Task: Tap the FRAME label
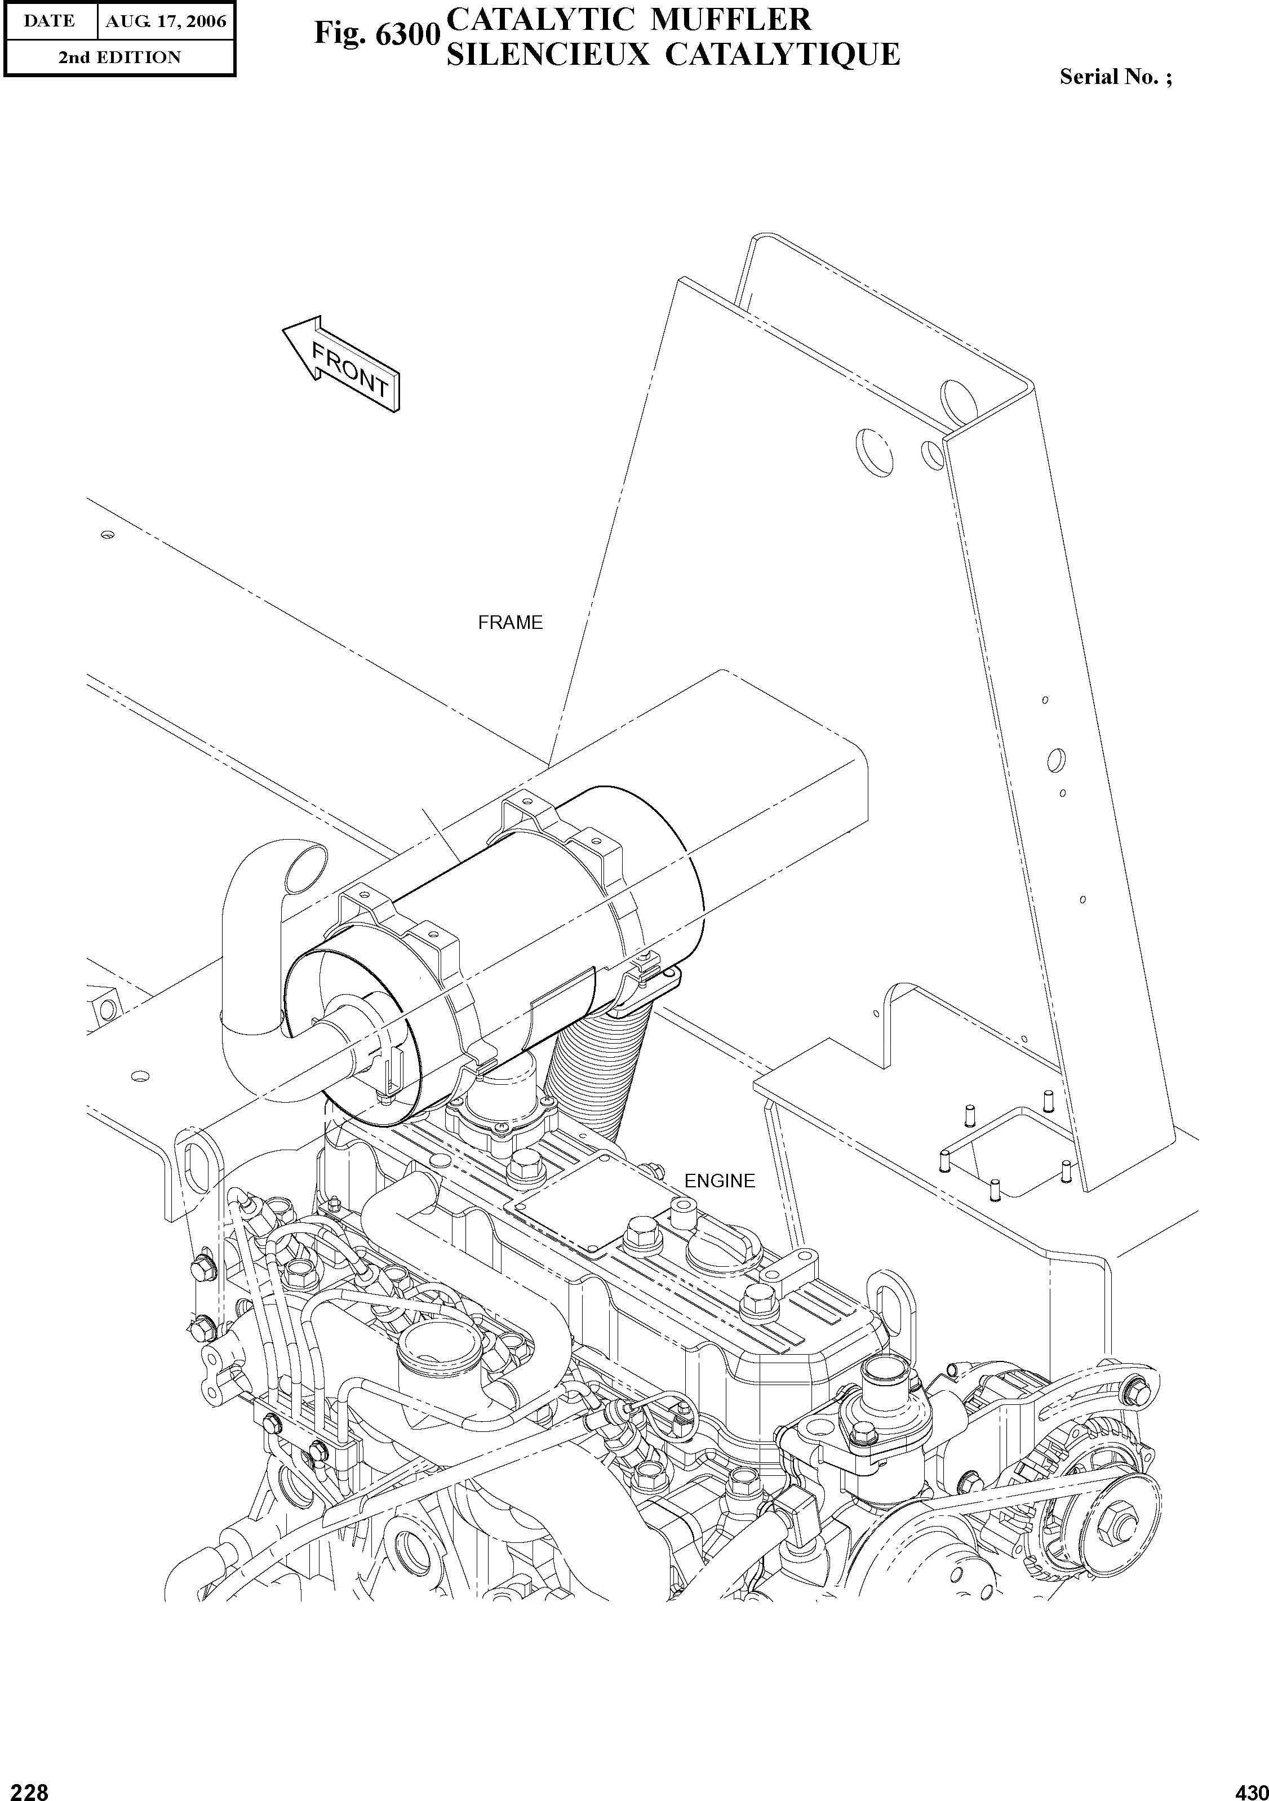(x=510, y=623)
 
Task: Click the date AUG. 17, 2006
(x=166, y=21)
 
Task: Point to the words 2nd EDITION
(x=119, y=57)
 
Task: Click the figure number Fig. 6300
(x=374, y=34)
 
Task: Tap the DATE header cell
(x=48, y=21)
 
